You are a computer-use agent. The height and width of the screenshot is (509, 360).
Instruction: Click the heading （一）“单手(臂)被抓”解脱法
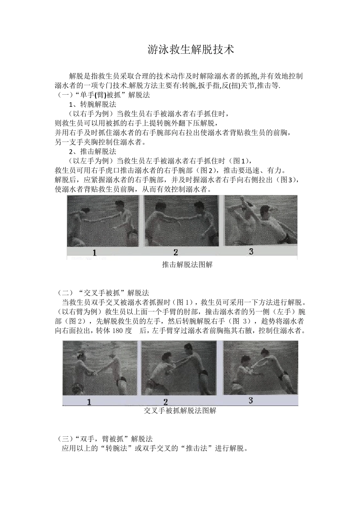[102, 95]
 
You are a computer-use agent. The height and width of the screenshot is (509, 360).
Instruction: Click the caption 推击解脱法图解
[187, 265]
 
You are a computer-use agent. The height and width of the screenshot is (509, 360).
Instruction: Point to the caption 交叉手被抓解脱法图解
[180, 411]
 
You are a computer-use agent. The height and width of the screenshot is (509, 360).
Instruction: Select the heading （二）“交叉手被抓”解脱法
[102, 293]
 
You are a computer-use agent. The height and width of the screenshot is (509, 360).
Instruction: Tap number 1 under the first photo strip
[94, 252]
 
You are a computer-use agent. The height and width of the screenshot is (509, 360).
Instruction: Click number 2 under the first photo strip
[175, 252]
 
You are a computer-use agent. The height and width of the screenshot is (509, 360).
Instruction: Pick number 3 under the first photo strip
[251, 251]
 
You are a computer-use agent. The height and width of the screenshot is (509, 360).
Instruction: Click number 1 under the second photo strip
[89, 402]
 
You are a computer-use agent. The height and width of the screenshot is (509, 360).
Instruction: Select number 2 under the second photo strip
[165, 402]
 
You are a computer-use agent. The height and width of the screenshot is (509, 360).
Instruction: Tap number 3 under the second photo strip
[250, 400]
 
